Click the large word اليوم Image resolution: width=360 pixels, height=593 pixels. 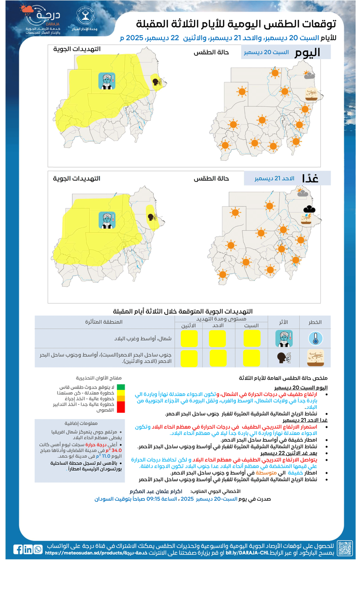307,53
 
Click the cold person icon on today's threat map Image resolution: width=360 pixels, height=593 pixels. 107,81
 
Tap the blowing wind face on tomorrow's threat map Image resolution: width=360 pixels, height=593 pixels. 152,217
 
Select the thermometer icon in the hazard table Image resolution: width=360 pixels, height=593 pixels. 315,339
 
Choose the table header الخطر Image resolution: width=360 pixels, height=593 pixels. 315,322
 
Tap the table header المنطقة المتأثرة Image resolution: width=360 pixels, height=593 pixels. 104,322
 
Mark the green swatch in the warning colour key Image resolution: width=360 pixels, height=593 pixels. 121,387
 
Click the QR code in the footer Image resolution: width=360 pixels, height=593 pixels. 345,548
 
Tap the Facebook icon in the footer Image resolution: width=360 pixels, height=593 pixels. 18,549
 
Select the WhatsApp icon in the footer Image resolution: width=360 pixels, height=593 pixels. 38,549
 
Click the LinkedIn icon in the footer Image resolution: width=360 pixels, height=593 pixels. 28,549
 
